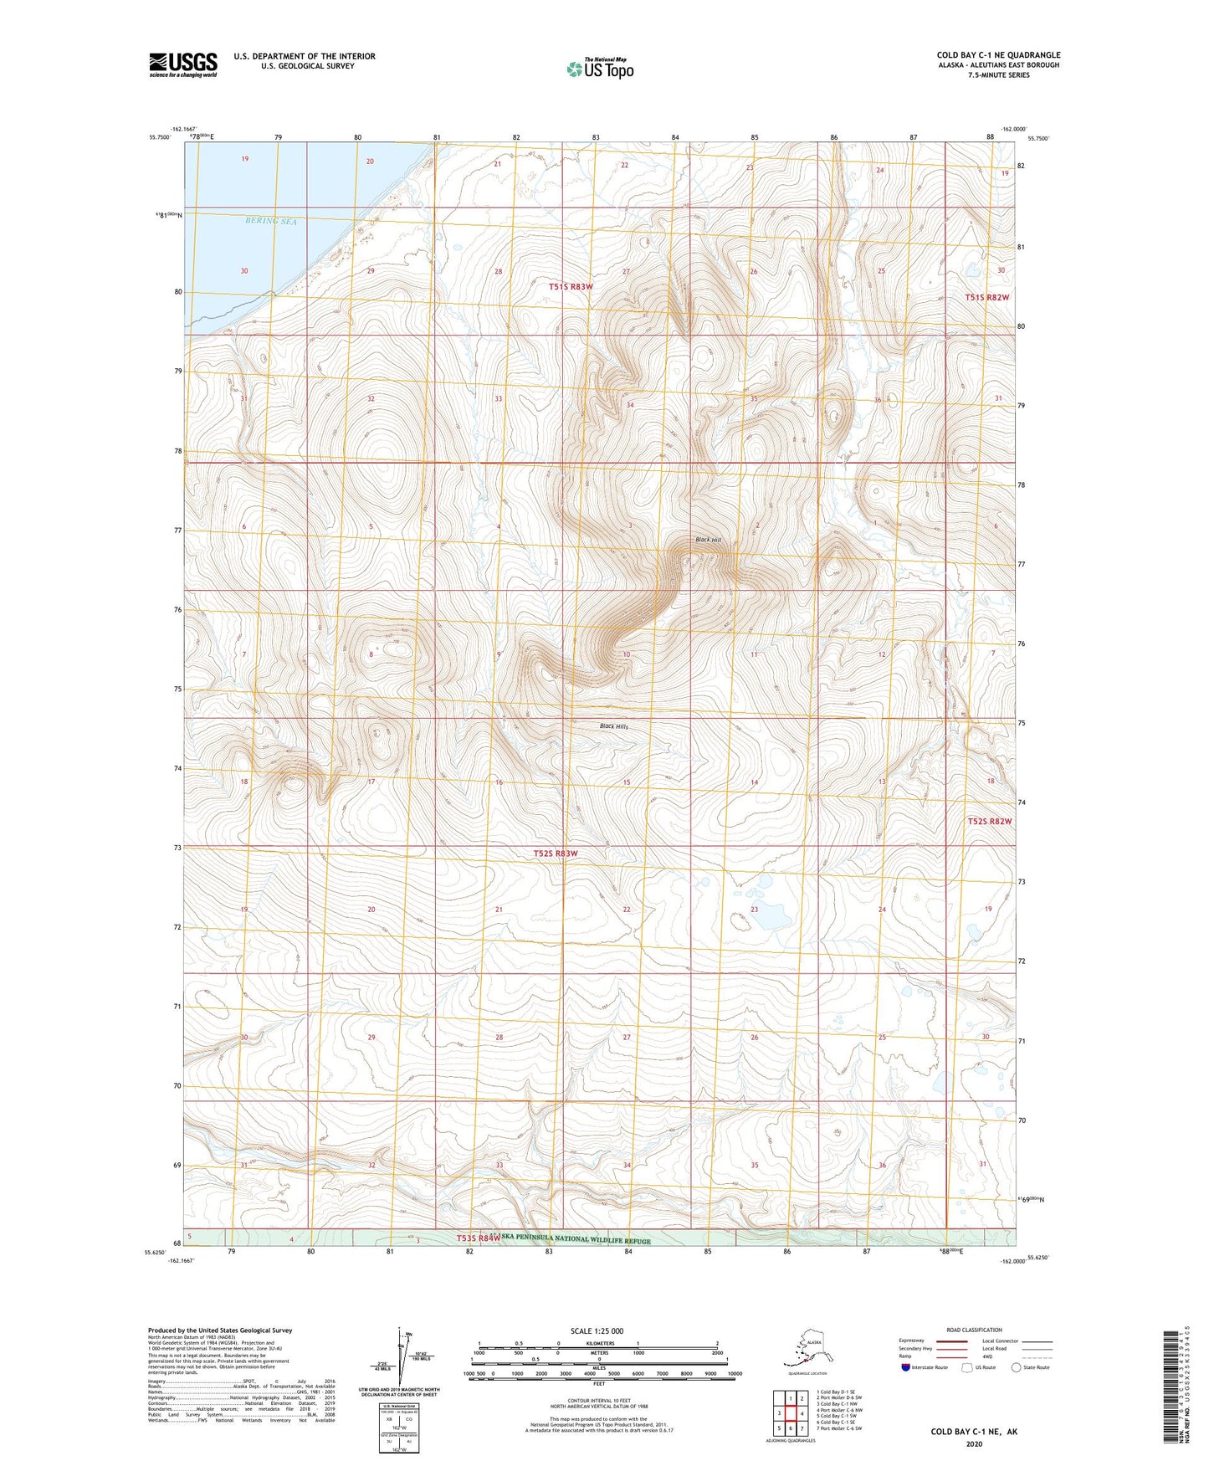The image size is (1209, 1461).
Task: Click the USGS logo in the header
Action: point(182,64)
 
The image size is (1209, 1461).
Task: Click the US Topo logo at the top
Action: point(599,68)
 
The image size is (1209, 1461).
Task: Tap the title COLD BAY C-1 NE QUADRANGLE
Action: point(998,55)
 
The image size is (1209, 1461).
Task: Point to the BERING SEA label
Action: point(271,221)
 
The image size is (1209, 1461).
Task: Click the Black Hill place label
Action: point(708,540)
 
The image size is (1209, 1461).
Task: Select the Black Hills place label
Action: point(613,726)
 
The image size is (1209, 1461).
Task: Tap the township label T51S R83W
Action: point(571,287)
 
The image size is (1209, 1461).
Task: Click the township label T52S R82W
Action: point(989,822)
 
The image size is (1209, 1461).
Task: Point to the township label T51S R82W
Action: point(986,298)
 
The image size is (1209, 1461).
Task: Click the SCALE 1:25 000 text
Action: point(597,1330)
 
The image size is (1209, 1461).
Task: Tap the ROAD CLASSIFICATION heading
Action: point(974,1330)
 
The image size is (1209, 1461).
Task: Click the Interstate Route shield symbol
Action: point(905,1367)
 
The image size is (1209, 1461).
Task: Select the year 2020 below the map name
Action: point(974,1443)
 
